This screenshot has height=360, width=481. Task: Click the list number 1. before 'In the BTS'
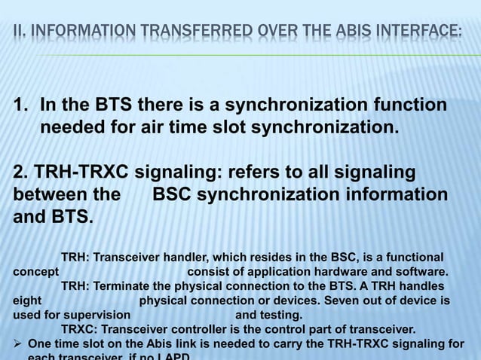(22, 105)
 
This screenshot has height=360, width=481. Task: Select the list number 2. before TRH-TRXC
(21, 172)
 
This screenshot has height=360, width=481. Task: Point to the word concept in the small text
(35, 272)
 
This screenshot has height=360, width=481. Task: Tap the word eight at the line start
(27, 301)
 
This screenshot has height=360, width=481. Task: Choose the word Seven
(329, 301)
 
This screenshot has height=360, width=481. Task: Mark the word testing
(280, 315)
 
